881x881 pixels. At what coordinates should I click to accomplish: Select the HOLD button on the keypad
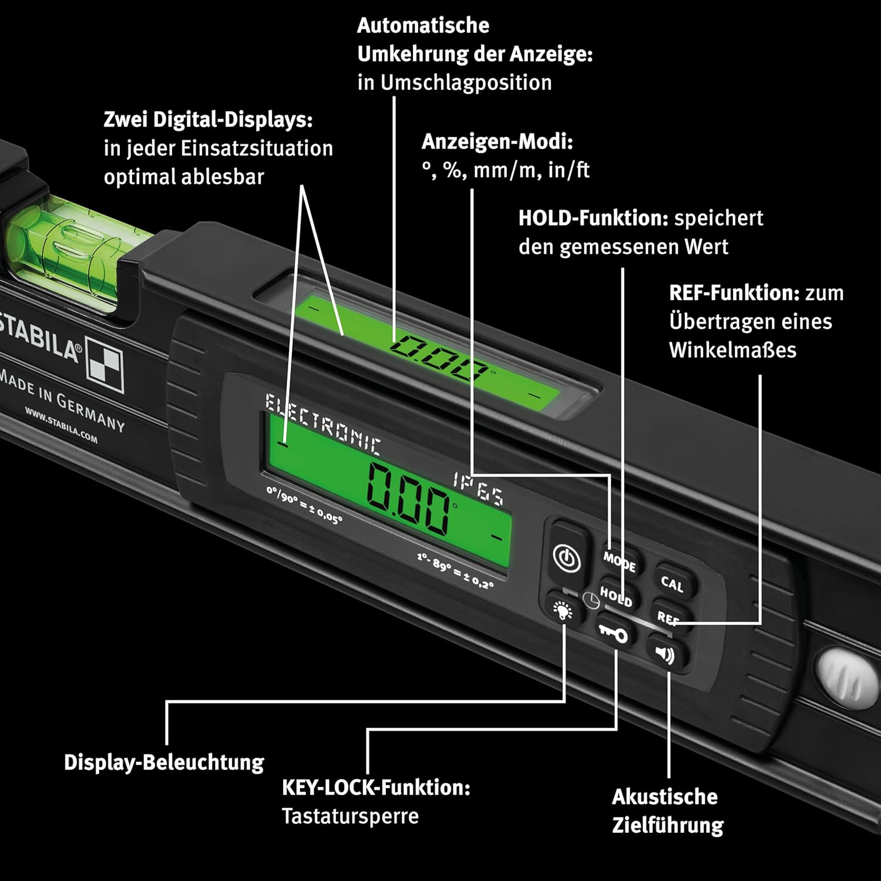click(x=616, y=597)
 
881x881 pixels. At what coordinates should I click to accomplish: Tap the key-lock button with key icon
click(x=613, y=633)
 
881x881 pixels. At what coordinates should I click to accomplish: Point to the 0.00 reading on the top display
click(x=438, y=357)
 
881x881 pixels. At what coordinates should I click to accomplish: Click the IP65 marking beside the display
click(x=478, y=489)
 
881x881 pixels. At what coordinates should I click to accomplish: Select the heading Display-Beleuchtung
click(x=164, y=762)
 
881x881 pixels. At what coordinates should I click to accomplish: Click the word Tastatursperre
click(x=350, y=816)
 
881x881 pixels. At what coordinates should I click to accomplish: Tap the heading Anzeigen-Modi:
click(x=497, y=142)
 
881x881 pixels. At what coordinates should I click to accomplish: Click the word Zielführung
click(x=668, y=825)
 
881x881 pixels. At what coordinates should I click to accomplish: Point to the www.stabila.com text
click(x=61, y=424)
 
